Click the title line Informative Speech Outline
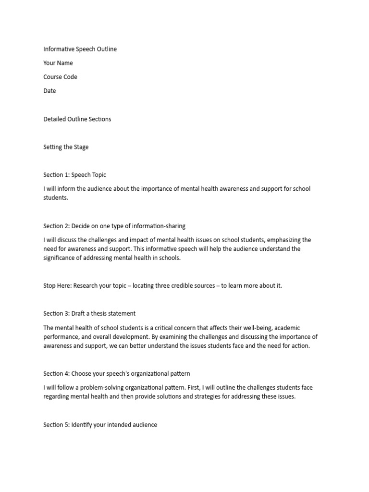(x=80, y=49)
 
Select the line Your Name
(x=58, y=63)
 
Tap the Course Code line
(x=60, y=77)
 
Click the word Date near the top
(x=49, y=91)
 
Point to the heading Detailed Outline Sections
(x=77, y=119)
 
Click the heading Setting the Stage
(x=66, y=147)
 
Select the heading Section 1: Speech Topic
(x=78, y=175)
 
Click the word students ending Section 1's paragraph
(x=56, y=198)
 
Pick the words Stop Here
(x=57, y=286)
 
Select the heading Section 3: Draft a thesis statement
(x=89, y=314)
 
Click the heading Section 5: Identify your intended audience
(x=100, y=425)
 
